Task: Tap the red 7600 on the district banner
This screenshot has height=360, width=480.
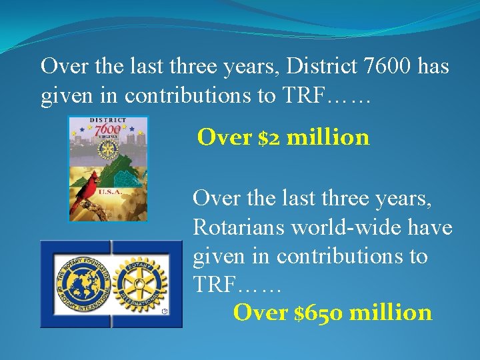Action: click(x=108, y=129)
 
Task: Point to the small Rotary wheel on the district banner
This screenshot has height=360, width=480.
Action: click(x=107, y=150)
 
